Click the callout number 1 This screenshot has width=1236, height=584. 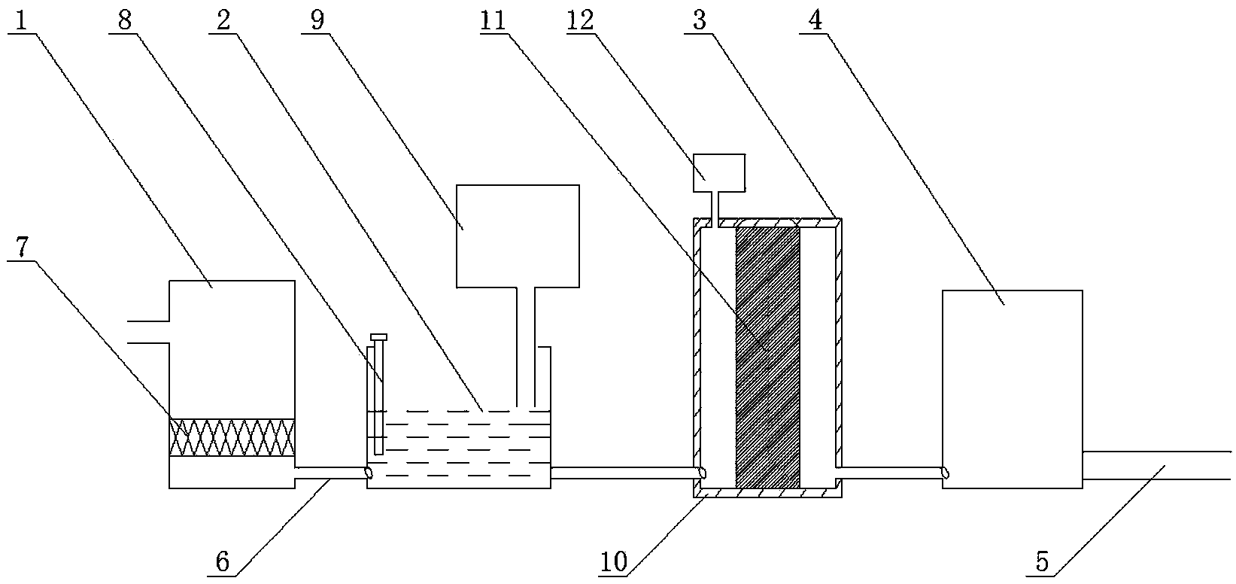click(x=21, y=20)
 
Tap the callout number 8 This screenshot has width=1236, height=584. click(x=125, y=20)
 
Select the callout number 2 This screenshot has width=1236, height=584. click(x=223, y=20)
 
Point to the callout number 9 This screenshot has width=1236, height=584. click(x=317, y=20)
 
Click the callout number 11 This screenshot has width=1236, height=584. click(x=493, y=20)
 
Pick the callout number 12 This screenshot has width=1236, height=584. click(x=580, y=20)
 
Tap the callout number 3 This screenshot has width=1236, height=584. click(x=699, y=20)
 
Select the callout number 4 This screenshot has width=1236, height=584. click(x=815, y=20)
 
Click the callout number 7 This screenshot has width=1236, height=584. click(x=22, y=248)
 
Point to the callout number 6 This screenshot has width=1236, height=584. click(x=223, y=562)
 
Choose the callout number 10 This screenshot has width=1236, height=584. click(x=614, y=562)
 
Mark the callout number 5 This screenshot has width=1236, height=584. click(x=1041, y=562)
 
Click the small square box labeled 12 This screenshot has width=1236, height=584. click(x=719, y=173)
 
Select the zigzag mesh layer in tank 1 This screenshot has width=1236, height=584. click(x=232, y=437)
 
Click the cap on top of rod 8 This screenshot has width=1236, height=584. click(x=379, y=336)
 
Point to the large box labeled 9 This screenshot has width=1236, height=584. click(x=518, y=236)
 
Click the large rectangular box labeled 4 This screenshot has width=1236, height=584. click(x=1013, y=389)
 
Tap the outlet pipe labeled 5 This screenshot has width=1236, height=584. click(x=1157, y=465)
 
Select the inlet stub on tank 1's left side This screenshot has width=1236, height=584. click(x=148, y=332)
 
